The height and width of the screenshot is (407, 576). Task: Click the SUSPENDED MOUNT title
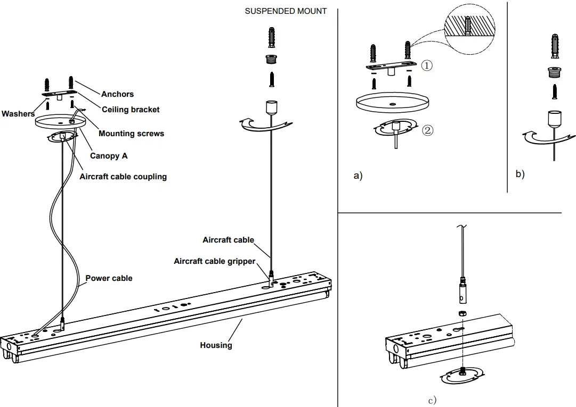(286, 11)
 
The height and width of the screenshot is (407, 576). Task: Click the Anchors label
(117, 94)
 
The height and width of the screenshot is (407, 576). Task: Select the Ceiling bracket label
(131, 110)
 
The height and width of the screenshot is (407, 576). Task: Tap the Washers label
(18, 114)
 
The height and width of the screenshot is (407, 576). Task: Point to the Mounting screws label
(131, 134)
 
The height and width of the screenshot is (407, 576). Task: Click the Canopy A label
(109, 156)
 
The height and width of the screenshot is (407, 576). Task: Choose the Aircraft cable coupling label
(123, 177)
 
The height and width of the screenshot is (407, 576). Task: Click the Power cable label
(109, 278)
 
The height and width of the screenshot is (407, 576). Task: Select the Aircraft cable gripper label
(214, 261)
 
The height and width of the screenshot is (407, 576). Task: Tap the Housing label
(216, 345)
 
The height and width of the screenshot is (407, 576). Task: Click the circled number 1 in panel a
(427, 65)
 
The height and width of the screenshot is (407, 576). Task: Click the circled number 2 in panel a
(427, 129)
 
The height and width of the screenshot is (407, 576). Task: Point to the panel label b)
(520, 174)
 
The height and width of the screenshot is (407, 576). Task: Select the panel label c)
(432, 400)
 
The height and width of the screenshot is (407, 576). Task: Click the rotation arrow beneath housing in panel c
(462, 376)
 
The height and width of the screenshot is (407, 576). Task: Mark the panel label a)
(358, 176)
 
